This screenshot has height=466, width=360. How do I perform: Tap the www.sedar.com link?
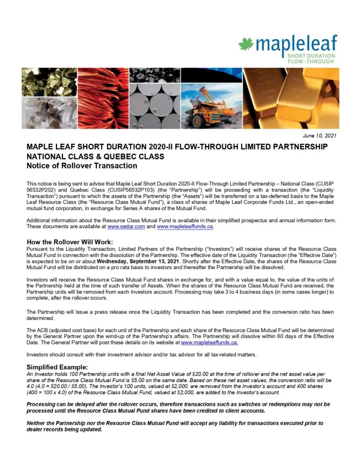(x=121, y=226)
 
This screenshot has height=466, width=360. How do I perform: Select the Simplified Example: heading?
(x=57, y=367)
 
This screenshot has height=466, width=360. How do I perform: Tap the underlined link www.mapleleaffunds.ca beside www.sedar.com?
(x=185, y=226)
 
